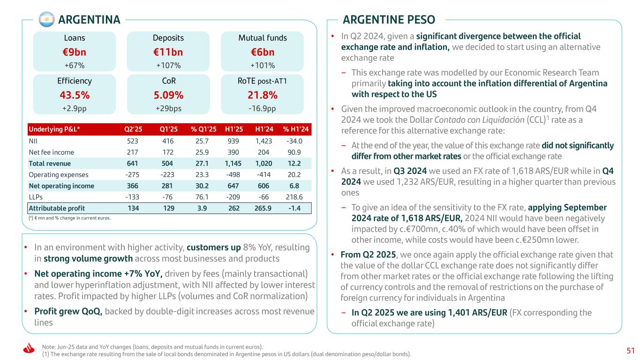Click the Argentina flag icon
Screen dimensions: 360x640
coord(46,20)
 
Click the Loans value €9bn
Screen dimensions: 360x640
coord(74,52)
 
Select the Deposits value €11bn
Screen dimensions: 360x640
coord(168,52)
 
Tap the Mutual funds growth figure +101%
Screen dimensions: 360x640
coord(262,65)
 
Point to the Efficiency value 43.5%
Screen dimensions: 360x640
coord(74,95)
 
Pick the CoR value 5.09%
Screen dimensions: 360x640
coord(168,95)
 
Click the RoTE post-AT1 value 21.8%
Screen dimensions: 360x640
coord(262,95)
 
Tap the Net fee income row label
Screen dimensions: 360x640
coord(51,152)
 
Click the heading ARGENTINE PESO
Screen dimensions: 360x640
coord(389,20)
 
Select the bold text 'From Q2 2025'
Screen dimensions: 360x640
coord(364,255)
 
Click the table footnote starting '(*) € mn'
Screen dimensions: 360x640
coord(69,218)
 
